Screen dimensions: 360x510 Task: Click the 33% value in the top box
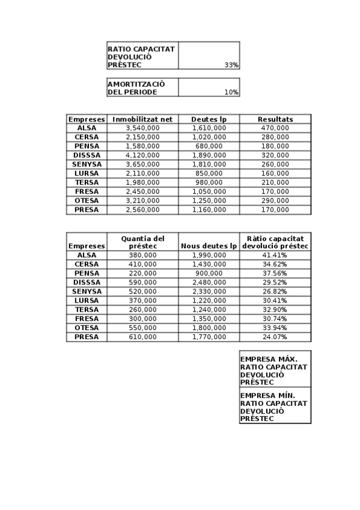(231, 65)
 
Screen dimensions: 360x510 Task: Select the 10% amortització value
(231, 93)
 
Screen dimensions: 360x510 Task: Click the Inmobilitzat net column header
(142, 119)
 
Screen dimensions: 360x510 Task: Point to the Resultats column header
(275, 119)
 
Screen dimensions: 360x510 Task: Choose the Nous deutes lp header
(209, 246)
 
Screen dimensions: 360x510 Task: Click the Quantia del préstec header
(142, 242)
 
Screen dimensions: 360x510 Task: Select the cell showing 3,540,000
(142, 128)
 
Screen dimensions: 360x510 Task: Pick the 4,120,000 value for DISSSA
(142, 155)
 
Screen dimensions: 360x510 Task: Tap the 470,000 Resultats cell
(275, 128)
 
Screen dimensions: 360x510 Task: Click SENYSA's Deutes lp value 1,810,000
(209, 164)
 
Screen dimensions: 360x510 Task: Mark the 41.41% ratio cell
(275, 255)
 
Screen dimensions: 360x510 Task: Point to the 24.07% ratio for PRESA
(275, 337)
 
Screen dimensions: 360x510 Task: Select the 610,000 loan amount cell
(142, 337)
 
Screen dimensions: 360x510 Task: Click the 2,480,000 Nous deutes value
(209, 282)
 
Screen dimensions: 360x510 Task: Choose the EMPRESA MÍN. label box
(275, 407)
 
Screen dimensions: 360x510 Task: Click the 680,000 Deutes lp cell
(209, 146)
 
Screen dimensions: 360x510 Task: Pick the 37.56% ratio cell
(275, 273)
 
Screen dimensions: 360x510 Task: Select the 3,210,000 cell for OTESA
(142, 200)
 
